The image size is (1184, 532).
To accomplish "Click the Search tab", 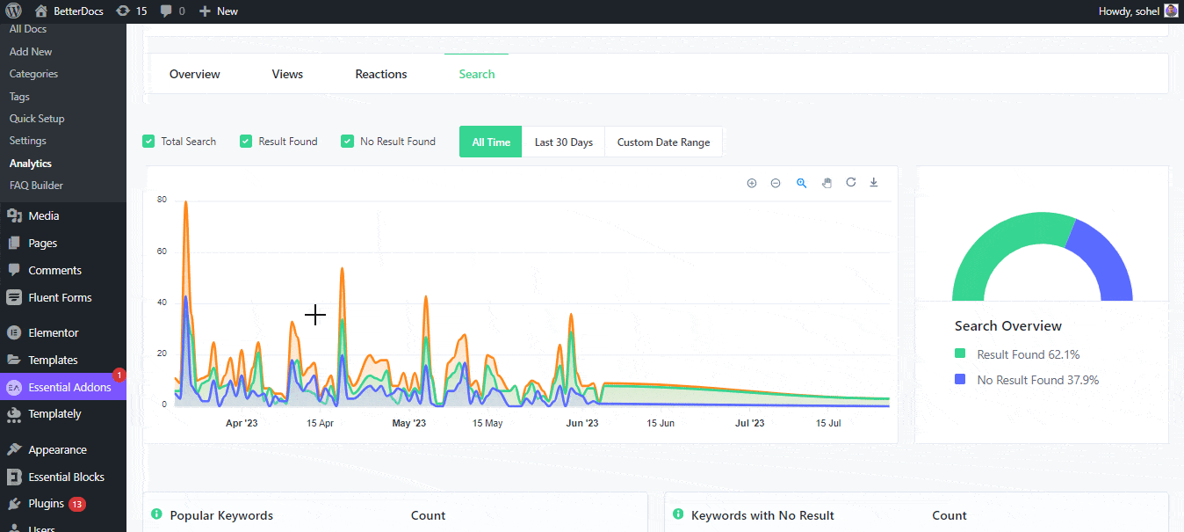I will pos(477,75).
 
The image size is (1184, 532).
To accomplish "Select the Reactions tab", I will pos(381,75).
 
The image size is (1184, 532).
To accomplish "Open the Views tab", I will pos(287,75).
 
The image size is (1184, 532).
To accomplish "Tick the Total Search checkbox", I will pos(148,142).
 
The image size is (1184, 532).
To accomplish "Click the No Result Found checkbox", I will pos(348,142).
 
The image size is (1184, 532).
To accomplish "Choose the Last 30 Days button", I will pos(564,142).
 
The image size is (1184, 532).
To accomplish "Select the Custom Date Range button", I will pos(663,142).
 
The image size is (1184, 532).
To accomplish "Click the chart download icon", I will pos(874,183).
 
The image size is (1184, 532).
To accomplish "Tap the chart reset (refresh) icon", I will pos(850,183).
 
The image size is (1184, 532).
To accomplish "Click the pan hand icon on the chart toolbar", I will pos(827,183).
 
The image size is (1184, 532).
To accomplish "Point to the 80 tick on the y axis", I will pos(162,200).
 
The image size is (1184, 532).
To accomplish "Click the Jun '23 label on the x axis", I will pos(581,423).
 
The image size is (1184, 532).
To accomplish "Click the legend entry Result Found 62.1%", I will pos(1028,354).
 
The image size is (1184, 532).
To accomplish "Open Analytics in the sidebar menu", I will pos(31,164).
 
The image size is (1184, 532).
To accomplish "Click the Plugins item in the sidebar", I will pos(46,504).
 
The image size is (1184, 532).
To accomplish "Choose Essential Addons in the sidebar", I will pos(69,388).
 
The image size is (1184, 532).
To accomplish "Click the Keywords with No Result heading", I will pos(762,515).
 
